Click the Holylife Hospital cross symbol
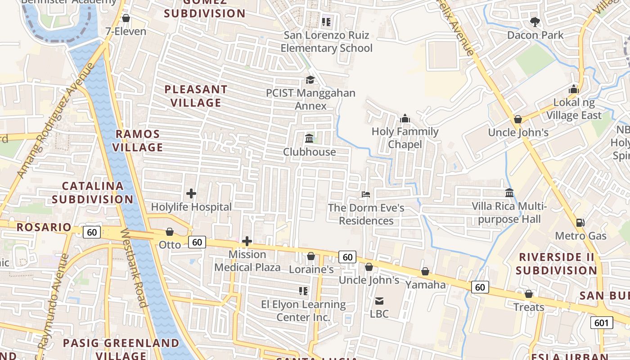191,194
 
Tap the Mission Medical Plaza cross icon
247,241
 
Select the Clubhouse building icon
309,139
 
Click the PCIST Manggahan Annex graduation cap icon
310,80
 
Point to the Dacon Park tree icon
535,22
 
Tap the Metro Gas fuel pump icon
580,223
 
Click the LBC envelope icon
379,301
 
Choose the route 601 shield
601,323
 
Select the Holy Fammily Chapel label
405,138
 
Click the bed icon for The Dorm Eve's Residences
366,194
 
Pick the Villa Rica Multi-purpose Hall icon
509,193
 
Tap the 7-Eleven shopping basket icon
126,18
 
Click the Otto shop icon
170,232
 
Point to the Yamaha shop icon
425,272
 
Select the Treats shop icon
529,294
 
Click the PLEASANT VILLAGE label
196,96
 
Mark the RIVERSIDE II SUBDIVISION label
556,264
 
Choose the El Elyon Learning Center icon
303,291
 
